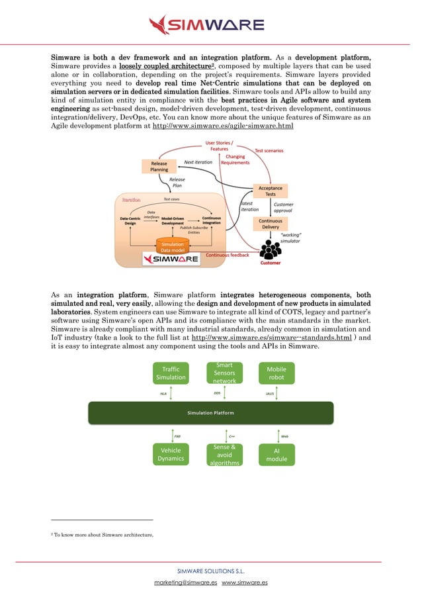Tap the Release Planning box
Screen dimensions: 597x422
pyautogui.click(x=159, y=166)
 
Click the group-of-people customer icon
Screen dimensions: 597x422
pyautogui.click(x=269, y=251)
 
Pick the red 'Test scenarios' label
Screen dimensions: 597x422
pyautogui.click(x=269, y=151)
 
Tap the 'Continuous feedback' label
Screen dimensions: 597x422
pyautogui.click(x=227, y=255)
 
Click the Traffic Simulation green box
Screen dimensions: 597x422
pyautogui.click(x=171, y=373)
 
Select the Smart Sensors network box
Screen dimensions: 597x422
pyautogui.click(x=224, y=373)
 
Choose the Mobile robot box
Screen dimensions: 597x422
pyautogui.click(x=276, y=373)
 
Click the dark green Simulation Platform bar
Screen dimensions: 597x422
pyautogui.click(x=210, y=412)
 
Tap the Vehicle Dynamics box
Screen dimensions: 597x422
pyautogui.click(x=171, y=454)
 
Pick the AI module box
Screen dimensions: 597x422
pyautogui.click(x=276, y=454)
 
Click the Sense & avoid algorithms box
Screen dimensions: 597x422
pyautogui.click(x=224, y=455)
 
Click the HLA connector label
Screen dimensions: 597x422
pyautogui.click(x=163, y=393)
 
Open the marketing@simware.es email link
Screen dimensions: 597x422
pyautogui.click(x=186, y=582)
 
